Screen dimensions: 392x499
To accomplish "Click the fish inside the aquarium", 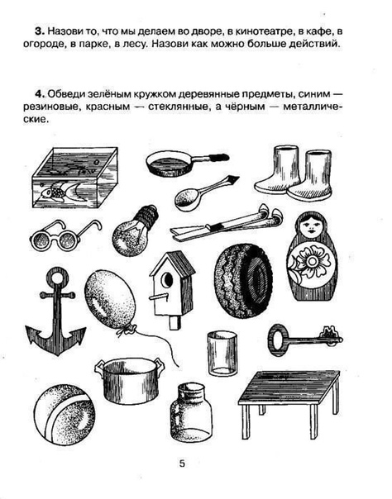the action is pos(64,192).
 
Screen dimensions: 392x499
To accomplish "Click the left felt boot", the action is pos(278,169).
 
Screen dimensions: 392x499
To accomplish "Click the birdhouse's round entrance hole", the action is pos(167,280).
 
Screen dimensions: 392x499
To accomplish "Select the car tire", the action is pos(244,281).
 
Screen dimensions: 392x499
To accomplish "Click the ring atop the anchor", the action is pos(58,276).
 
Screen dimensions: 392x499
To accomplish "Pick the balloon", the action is pos(110,297).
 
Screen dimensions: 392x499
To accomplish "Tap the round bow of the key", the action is pos(277,340).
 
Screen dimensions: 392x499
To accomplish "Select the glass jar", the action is pos(191,411).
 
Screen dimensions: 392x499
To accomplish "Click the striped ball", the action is pos(65,414).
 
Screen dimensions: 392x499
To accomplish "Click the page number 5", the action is pos(182,463).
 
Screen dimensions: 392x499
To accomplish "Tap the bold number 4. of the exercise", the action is pos(40,94).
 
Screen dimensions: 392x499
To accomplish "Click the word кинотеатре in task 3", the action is pos(265,32).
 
